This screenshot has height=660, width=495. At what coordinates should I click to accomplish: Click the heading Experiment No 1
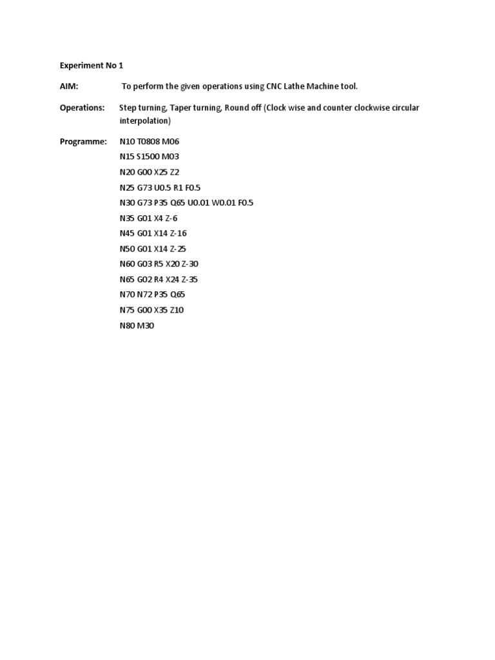pyautogui.click(x=91, y=66)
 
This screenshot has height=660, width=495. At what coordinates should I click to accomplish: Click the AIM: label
pyautogui.click(x=69, y=86)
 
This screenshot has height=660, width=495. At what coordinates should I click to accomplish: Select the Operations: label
pyautogui.click(x=82, y=108)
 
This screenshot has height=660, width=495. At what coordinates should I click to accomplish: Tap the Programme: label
pyautogui.click(x=84, y=141)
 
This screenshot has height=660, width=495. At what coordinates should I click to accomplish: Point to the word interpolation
pyautogui.click(x=144, y=121)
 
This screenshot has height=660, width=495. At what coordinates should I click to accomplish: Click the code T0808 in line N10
pyautogui.click(x=148, y=141)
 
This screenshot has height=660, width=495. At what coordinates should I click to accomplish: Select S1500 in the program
pyautogui.click(x=150, y=157)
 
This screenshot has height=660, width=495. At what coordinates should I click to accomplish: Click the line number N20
pyautogui.click(x=126, y=172)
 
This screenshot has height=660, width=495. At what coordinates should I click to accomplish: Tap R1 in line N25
pyautogui.click(x=179, y=188)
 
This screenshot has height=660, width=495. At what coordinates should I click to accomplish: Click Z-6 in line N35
pyautogui.click(x=171, y=218)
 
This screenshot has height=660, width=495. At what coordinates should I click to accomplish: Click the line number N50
pyautogui.click(x=126, y=249)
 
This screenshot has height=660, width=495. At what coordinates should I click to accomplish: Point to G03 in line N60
pyautogui.click(x=144, y=264)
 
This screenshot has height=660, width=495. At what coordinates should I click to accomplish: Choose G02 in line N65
pyautogui.click(x=144, y=280)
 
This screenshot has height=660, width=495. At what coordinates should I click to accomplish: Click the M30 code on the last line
pyautogui.click(x=146, y=325)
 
